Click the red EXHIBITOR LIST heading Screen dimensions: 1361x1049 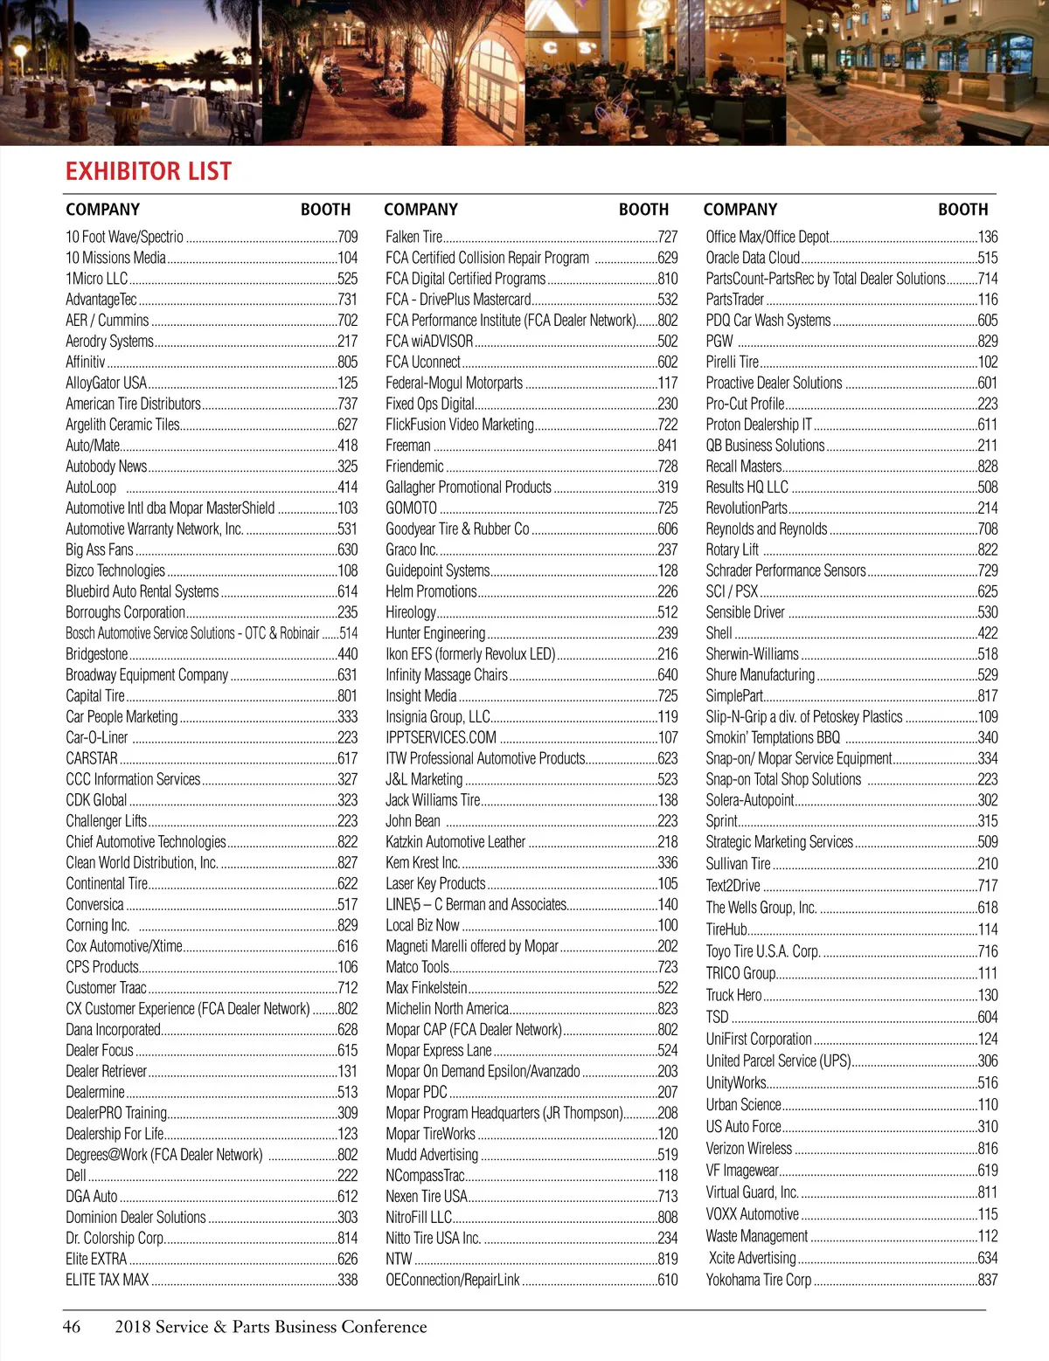pyautogui.click(x=149, y=171)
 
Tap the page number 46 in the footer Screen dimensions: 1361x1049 pyautogui.click(x=72, y=1326)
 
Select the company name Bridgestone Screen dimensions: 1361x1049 pyautogui.click(x=97, y=653)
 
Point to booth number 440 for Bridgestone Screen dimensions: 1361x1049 pyautogui.click(x=347, y=653)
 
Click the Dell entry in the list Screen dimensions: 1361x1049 pyautogui.click(x=76, y=1175)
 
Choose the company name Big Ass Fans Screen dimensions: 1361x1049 pyautogui.click(x=100, y=549)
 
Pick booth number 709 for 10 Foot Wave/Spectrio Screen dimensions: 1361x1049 pyautogui.click(x=347, y=237)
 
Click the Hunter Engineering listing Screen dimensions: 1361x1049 pyautogui.click(x=435, y=633)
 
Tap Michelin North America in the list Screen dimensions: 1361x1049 pyautogui.click(x=447, y=1008)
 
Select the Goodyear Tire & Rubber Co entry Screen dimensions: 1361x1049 pyautogui.click(x=457, y=529)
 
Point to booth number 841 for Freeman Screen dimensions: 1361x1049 pyautogui.click(x=667, y=446)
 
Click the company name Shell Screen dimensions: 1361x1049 pyautogui.click(x=719, y=633)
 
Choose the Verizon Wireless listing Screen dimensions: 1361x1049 pyautogui.click(x=748, y=1148)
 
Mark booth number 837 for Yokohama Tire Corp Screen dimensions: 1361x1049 pyautogui.click(x=988, y=1280)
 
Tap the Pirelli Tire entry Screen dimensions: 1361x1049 pyautogui.click(x=733, y=362)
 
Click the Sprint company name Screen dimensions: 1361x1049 pyautogui.click(x=721, y=821)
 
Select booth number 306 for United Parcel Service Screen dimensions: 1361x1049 pyautogui.click(x=988, y=1060)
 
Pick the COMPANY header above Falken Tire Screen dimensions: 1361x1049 pyautogui.click(x=420, y=210)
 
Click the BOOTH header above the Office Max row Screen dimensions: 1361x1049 pyautogui.click(x=962, y=210)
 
